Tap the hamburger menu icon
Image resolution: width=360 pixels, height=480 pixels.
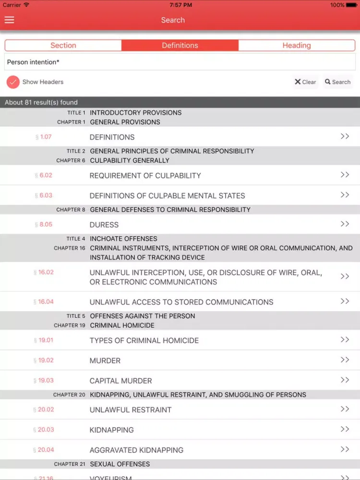9,20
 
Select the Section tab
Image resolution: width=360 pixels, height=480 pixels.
63,46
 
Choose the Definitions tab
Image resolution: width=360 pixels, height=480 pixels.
180,46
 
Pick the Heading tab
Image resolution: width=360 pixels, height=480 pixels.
297,46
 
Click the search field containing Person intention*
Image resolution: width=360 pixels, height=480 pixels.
180,62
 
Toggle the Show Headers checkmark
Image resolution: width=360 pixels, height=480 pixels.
13,82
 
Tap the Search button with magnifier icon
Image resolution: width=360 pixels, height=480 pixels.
338,82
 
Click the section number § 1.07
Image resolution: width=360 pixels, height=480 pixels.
44,137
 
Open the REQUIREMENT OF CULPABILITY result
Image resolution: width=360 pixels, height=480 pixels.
145,176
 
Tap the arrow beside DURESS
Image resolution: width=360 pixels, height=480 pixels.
345,224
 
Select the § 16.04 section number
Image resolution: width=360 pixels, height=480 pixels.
44,302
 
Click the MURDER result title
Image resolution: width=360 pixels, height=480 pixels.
105,360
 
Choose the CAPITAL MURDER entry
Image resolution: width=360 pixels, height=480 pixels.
120,381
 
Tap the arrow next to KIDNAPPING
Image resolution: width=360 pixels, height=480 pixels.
345,429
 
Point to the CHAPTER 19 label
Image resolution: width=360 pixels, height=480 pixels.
70,325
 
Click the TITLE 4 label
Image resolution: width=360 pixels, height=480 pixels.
76,239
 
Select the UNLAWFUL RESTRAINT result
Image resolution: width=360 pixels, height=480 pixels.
131,410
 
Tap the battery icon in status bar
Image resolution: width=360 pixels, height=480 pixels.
351,5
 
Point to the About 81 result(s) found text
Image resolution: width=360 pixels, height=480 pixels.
41,102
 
